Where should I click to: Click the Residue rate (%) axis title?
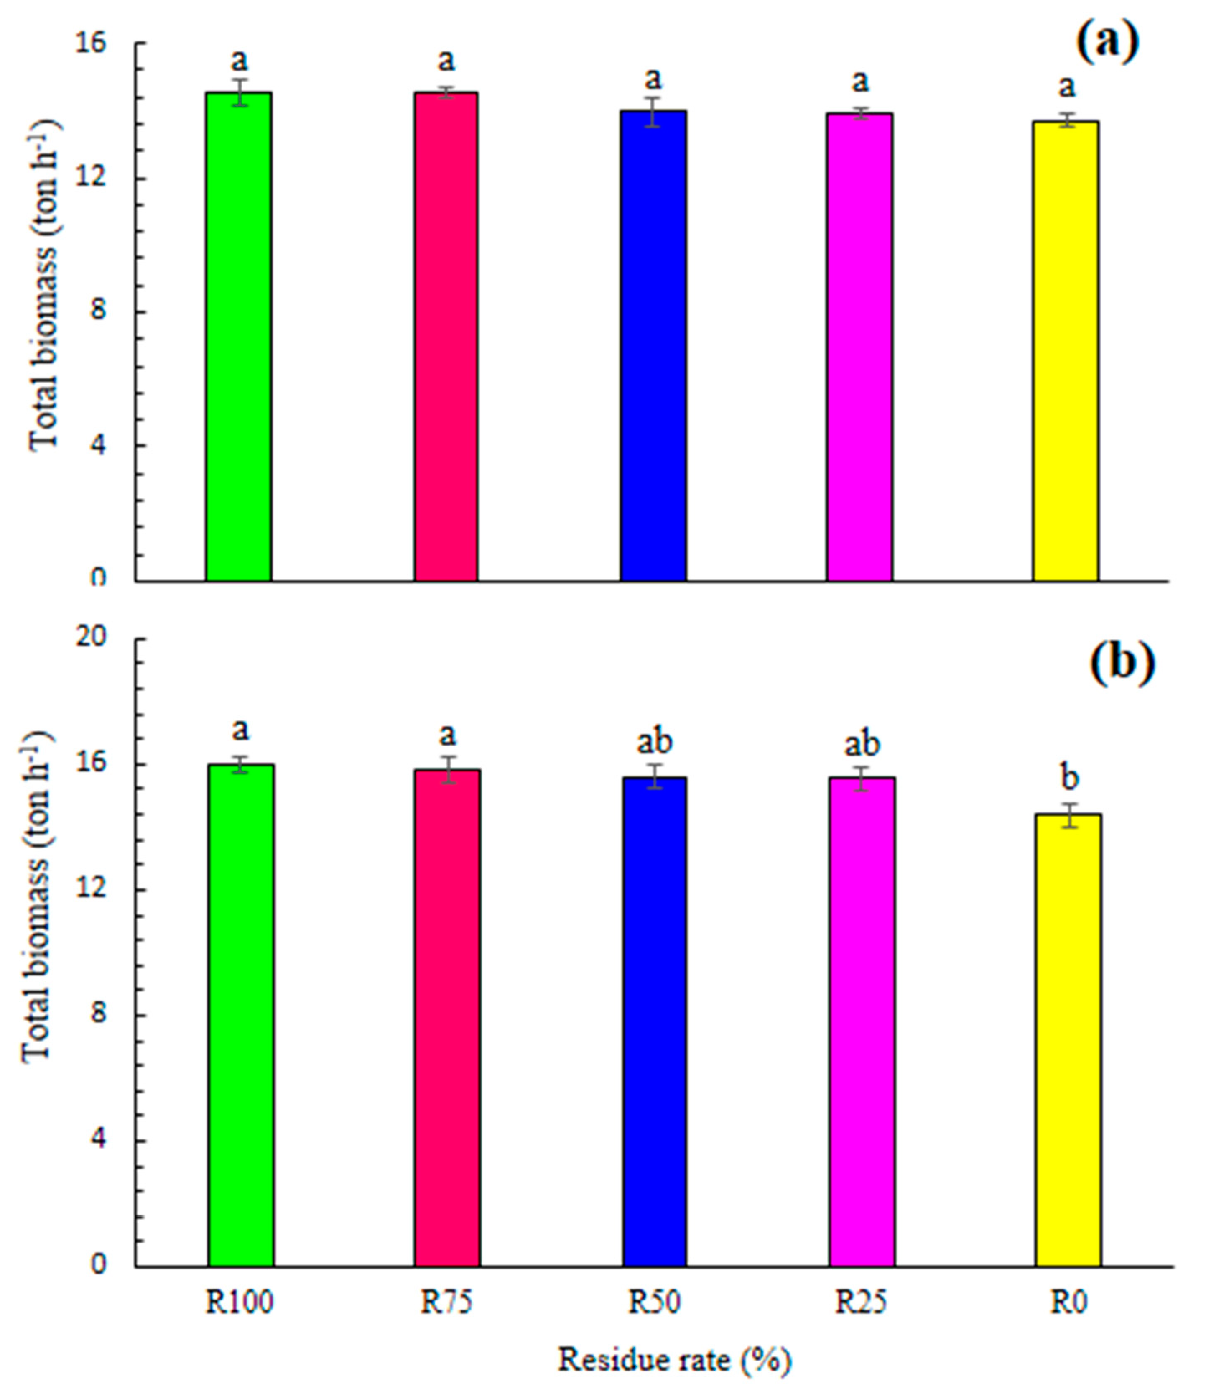(x=674, y=1361)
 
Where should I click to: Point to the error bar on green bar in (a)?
(x=240, y=92)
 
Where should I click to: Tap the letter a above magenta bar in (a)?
(x=860, y=82)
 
